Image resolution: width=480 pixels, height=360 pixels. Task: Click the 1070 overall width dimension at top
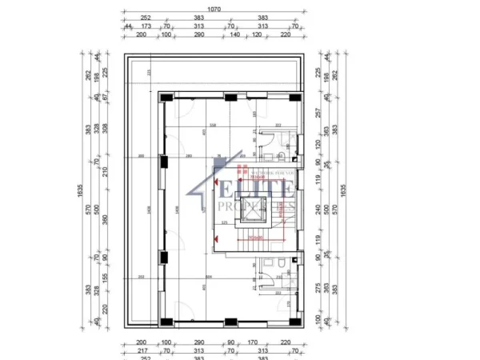(214, 10)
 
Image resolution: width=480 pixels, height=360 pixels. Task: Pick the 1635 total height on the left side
(80, 190)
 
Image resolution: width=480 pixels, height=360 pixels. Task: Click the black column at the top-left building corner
(164, 97)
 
